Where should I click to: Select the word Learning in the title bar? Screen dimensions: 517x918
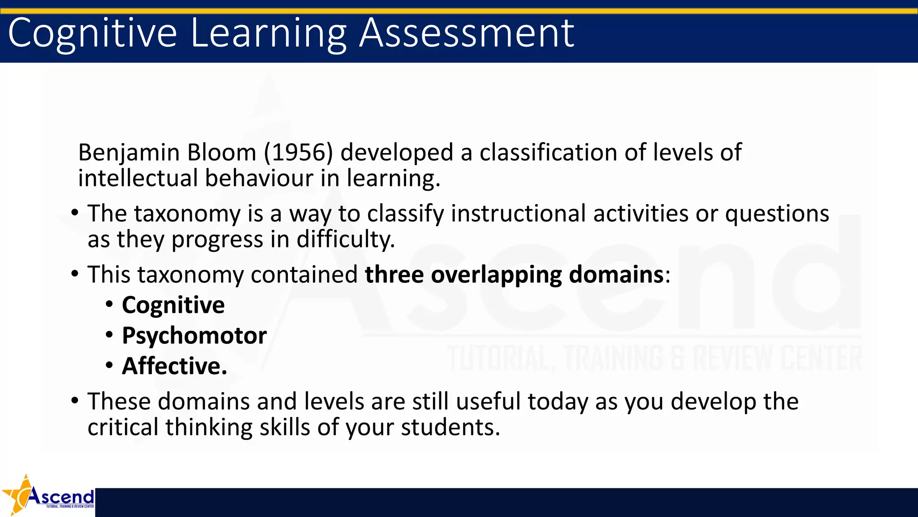(268, 34)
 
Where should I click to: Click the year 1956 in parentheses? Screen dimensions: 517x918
(298, 153)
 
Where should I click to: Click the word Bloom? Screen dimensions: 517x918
(221, 153)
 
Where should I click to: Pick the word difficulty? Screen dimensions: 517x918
(346, 239)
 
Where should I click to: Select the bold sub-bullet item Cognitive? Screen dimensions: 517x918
(173, 306)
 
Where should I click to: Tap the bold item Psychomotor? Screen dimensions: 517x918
(194, 336)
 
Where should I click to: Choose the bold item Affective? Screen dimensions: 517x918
(174, 366)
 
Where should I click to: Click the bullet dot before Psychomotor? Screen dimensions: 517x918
(109, 335)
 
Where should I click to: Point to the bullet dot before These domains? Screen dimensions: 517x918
(75, 400)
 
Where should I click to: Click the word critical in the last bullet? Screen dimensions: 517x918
(123, 427)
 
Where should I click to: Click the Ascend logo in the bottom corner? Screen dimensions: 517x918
(48, 496)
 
